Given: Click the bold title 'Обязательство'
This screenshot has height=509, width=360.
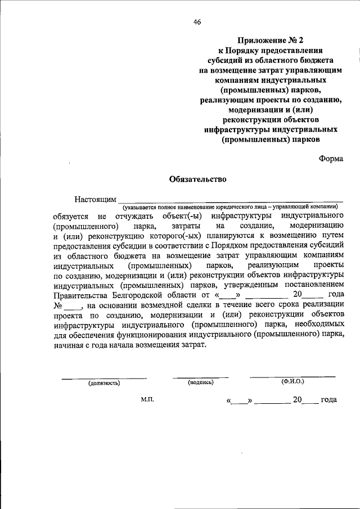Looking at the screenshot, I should click(x=197, y=180).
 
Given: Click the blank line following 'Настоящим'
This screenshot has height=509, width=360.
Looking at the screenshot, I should click(x=230, y=201).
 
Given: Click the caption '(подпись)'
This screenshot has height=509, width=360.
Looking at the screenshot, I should click(x=200, y=382).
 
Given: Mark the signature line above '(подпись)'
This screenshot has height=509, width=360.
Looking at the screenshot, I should click(x=200, y=377).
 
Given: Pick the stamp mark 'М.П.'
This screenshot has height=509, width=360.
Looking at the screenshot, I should click(x=147, y=399).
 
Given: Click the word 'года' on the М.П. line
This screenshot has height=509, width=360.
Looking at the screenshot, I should click(x=328, y=400).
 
